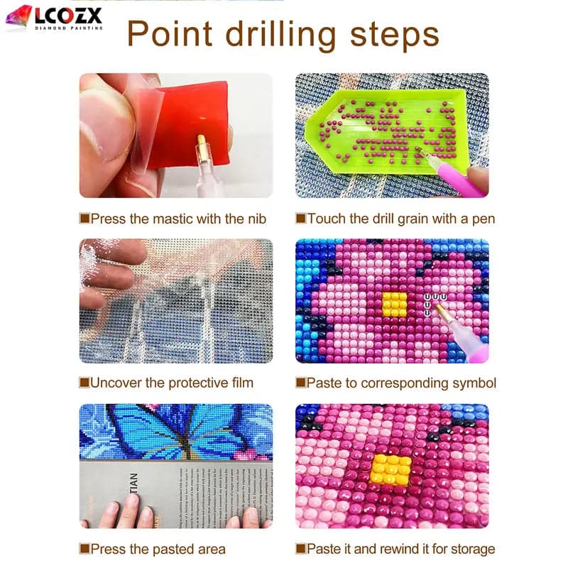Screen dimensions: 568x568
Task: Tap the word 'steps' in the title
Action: (394, 34)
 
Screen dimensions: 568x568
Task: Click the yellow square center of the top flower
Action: (394, 303)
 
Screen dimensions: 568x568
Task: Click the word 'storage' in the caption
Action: (469, 548)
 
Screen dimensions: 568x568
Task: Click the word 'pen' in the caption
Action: (484, 219)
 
